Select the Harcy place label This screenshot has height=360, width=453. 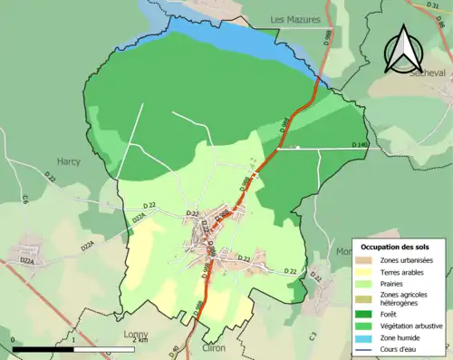[68, 161]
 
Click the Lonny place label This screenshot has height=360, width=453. [136, 334]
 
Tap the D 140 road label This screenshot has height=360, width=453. [360, 145]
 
